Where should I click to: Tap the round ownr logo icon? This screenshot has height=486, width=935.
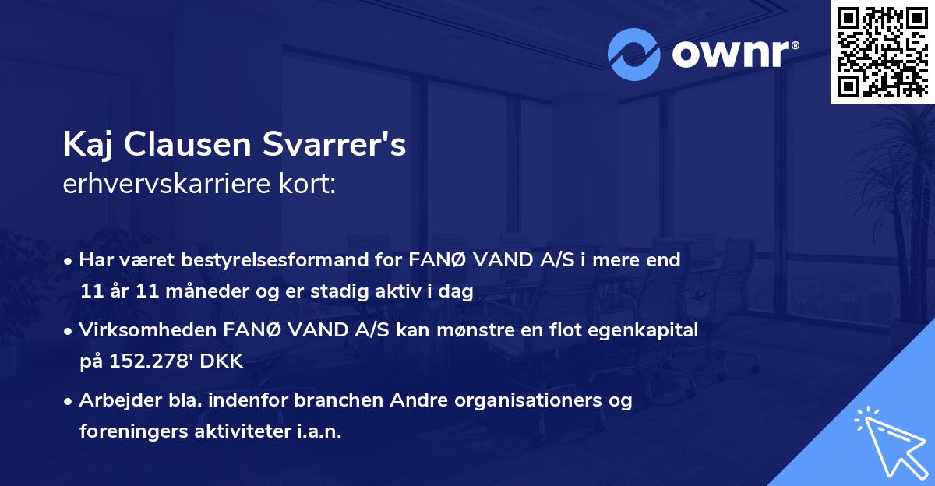pyautogui.click(x=634, y=54)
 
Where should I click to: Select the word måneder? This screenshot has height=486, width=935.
pyautogui.click(x=193, y=292)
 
